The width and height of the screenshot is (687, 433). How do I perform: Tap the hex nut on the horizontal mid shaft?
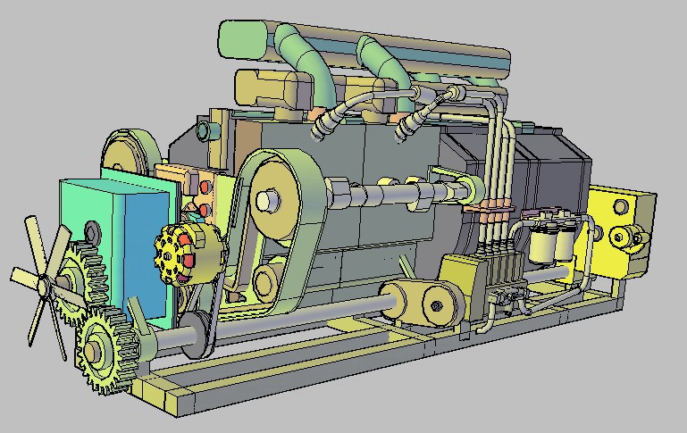342,191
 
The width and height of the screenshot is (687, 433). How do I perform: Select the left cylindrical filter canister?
542,242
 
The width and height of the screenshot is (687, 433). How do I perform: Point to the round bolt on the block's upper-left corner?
205,131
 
